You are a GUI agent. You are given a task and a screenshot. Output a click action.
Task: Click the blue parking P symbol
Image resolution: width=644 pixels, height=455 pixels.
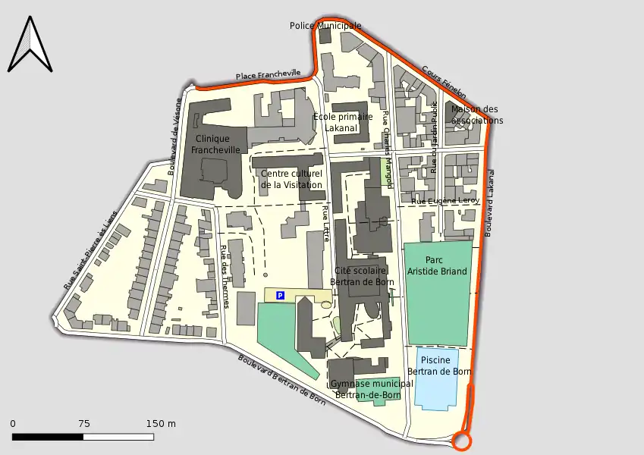[280, 295]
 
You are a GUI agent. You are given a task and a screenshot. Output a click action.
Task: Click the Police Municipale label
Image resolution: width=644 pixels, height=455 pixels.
[325, 26]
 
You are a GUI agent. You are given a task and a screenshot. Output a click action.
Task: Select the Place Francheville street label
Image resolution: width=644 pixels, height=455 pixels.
[268, 75]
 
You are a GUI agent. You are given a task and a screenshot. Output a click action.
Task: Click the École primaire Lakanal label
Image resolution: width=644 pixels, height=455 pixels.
[343, 123]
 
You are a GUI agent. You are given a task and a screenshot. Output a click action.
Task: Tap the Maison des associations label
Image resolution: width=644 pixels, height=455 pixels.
[476, 115]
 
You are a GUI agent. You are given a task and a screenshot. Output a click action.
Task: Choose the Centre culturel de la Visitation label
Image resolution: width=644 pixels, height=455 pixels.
[291, 179]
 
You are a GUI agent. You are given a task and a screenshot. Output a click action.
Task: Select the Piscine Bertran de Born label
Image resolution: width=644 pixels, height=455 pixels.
[440, 366]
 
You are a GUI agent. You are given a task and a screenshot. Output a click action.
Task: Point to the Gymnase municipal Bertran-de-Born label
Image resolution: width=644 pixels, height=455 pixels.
[372, 389]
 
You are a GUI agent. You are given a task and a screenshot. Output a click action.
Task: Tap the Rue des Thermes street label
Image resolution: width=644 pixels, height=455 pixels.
[225, 277]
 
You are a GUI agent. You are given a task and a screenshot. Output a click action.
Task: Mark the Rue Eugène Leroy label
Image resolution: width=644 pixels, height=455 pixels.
[446, 201]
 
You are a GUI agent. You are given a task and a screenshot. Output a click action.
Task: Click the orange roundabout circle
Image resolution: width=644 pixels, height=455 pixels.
[461, 441]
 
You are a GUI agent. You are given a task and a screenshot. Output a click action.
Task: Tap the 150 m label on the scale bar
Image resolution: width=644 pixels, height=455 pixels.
[161, 423]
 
